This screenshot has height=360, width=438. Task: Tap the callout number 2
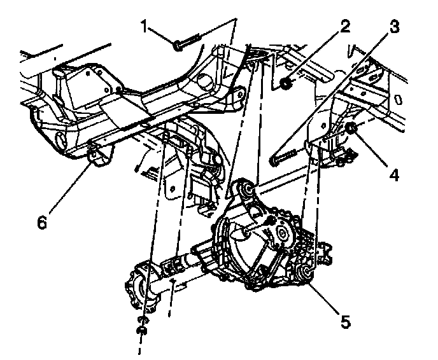[344, 26]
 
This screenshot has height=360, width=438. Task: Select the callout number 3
[394, 26]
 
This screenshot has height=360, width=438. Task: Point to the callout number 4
[395, 174]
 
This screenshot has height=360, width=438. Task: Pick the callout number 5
[345, 321]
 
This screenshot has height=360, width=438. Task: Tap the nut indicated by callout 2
[286, 83]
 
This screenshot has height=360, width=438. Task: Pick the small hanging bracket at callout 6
[99, 156]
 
